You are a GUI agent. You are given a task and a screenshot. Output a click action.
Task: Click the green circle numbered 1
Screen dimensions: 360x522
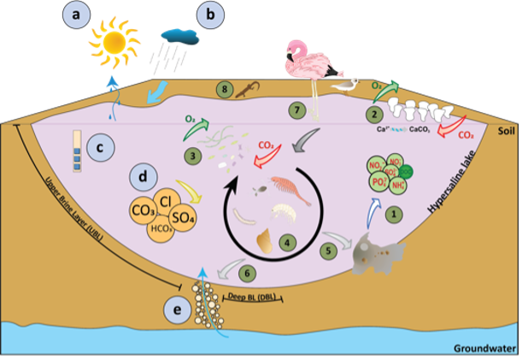coord(394,215)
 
